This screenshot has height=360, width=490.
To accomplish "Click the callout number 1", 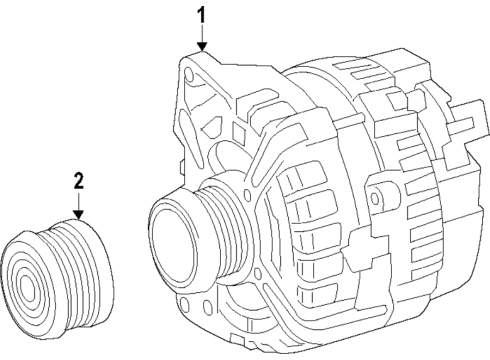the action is pos(202,16).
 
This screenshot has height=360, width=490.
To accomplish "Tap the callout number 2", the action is pos(79,181).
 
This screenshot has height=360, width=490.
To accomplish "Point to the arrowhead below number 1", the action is pos(202,47).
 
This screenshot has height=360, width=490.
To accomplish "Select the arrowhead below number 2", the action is pos(79,214).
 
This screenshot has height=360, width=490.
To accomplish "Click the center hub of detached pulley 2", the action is pos(26,286).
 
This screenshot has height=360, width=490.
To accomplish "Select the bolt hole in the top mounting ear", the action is pos(188,75).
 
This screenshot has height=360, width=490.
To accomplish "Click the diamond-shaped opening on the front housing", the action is pos(238,131).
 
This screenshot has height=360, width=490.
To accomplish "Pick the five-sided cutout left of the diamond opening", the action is pos(213,127).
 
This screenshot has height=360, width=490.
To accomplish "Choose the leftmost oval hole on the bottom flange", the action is pos(184,305).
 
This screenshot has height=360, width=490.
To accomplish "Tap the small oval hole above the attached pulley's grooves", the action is pos(247,194).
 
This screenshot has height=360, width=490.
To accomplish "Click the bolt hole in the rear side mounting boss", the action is pos(375,198).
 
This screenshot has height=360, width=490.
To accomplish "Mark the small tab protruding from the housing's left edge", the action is pos(182,167).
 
